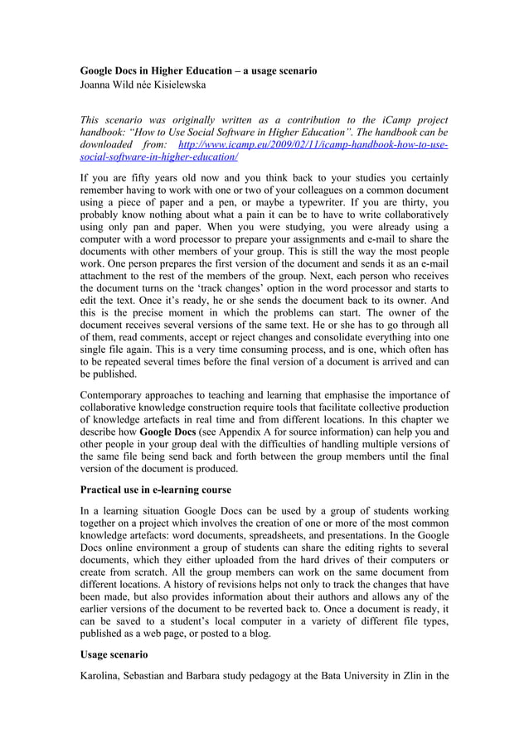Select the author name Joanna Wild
tap(111, 84)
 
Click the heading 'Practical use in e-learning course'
tap(155, 490)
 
